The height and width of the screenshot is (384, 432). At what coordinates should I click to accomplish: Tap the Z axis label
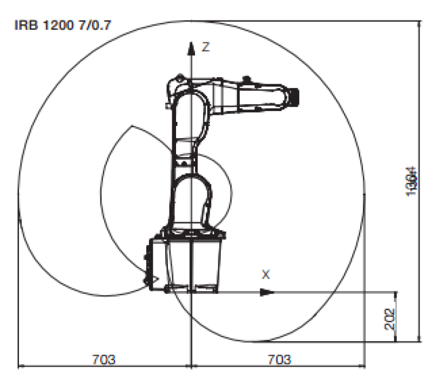(205, 47)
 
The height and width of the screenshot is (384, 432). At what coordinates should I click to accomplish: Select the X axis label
(265, 275)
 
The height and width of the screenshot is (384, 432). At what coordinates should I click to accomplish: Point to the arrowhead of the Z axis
(191, 45)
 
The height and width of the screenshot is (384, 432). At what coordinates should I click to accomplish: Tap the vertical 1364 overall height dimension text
(412, 181)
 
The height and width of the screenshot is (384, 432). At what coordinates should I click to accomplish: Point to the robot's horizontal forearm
(248, 95)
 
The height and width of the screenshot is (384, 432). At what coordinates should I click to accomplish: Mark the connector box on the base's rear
(152, 264)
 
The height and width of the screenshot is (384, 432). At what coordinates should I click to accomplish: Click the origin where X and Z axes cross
(191, 292)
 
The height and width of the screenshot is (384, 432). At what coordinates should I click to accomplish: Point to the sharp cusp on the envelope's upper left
(130, 126)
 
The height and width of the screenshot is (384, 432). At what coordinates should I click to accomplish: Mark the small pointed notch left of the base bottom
(156, 279)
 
